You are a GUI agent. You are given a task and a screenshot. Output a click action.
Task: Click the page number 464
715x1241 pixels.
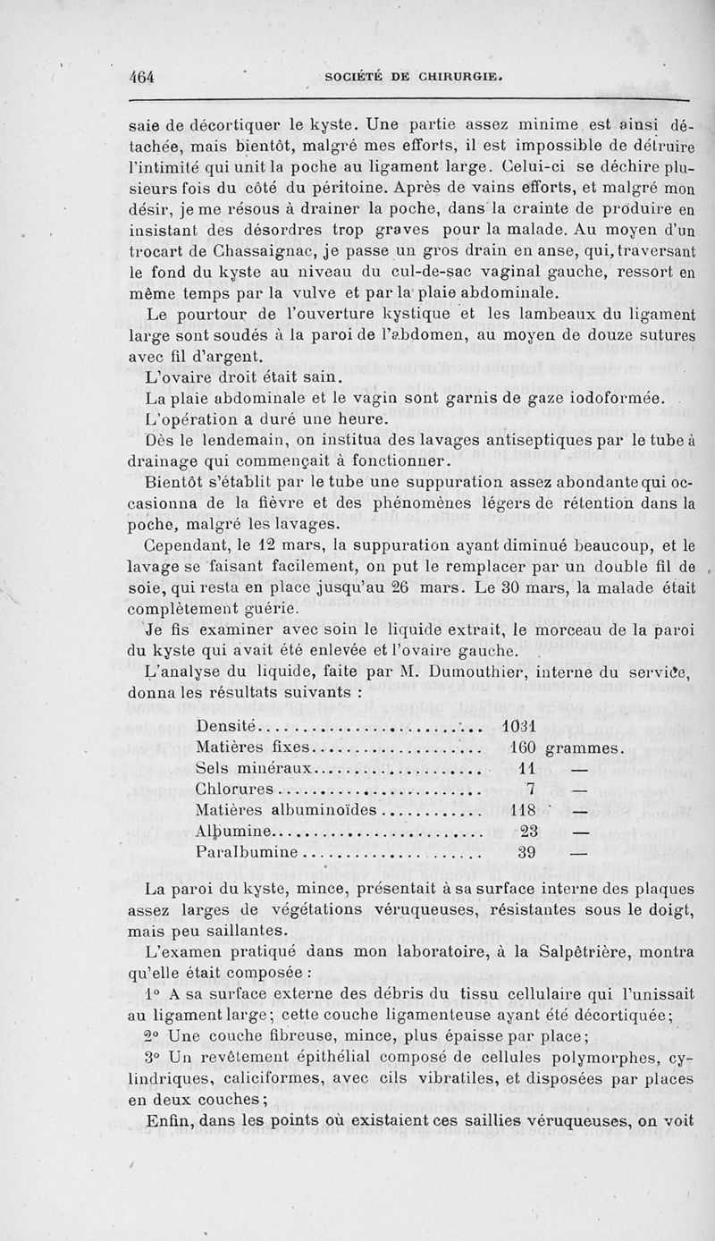coord(141,76)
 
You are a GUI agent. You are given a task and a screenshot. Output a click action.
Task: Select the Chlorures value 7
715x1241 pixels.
coord(530,789)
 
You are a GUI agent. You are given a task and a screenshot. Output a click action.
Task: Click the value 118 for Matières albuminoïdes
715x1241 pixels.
coord(521,810)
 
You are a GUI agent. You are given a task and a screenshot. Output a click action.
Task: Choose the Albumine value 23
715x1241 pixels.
coord(526,832)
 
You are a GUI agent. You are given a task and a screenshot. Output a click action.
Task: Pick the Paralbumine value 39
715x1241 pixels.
coord(526,853)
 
